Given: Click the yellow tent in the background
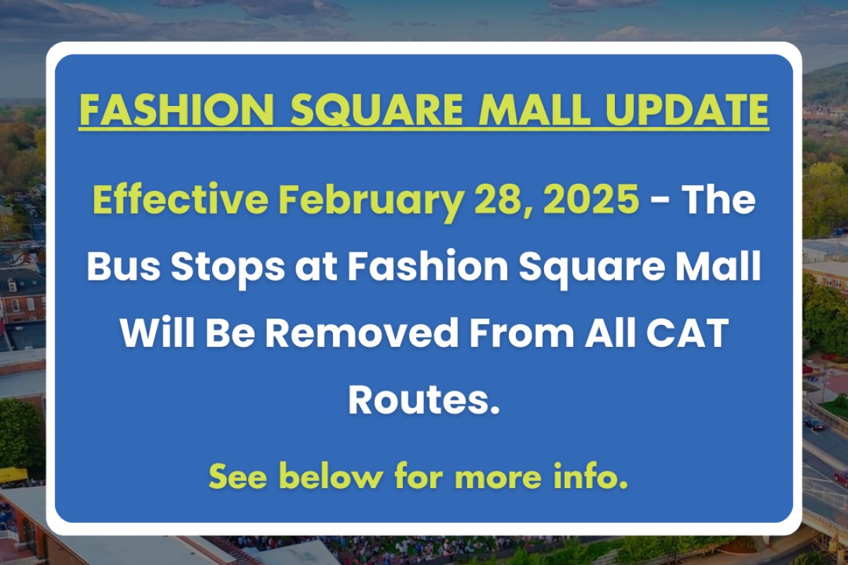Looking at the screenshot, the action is (x=13, y=475).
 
